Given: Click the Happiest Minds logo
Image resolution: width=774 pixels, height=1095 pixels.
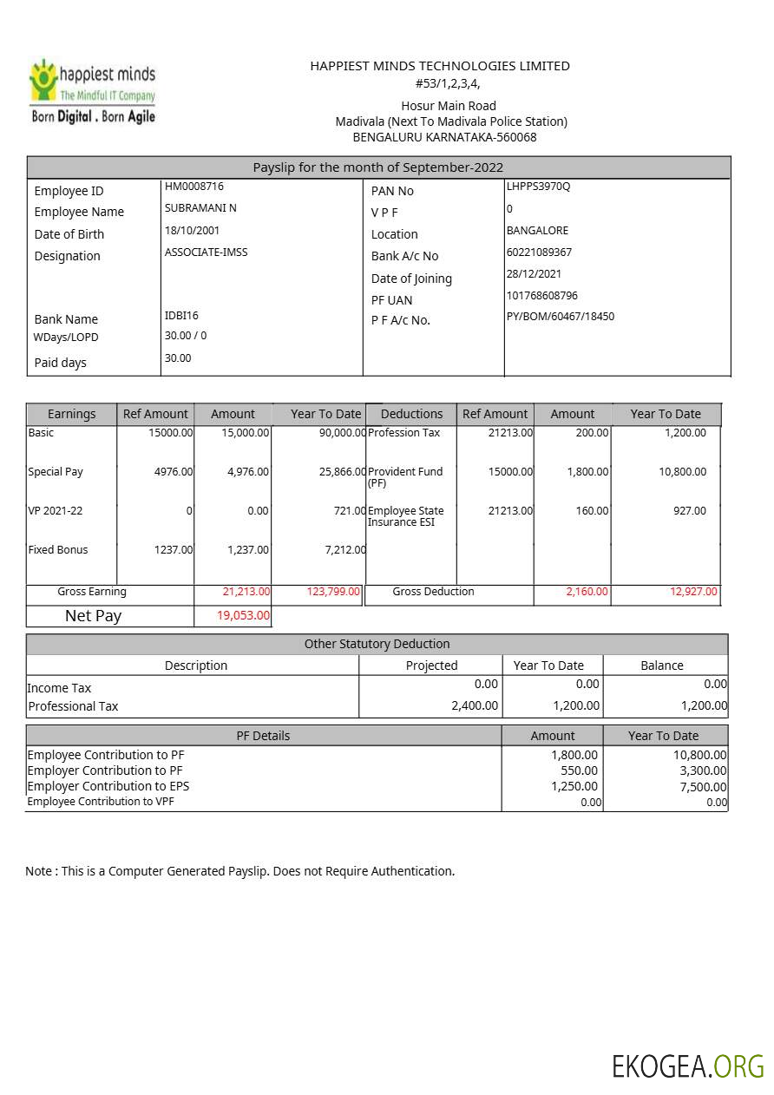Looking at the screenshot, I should tap(93, 92).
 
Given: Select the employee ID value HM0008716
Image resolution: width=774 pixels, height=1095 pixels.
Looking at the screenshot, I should tap(194, 187).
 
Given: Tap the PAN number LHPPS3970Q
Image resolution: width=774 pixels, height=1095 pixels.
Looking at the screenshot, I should tap(538, 187).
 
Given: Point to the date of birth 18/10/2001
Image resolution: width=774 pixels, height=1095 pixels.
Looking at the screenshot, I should tap(192, 231).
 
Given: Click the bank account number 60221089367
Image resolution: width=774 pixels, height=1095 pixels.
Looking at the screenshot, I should tap(539, 252).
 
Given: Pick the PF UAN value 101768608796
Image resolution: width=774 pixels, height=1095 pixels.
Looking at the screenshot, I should tap(541, 296).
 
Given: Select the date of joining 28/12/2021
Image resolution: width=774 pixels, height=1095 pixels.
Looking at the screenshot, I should tap(534, 274).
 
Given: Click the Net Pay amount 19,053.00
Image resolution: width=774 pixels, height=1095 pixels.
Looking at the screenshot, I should tap(243, 616).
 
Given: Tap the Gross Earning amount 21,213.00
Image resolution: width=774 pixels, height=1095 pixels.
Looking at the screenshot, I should tap(246, 592).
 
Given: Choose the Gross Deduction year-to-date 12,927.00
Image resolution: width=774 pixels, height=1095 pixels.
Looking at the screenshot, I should tap(693, 592).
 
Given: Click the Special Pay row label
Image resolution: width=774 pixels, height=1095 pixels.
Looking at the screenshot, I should tap(56, 472).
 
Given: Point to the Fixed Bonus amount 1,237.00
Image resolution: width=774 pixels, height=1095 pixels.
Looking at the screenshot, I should tap(248, 550).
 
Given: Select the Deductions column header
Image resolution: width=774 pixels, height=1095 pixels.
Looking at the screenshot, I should tap(411, 415).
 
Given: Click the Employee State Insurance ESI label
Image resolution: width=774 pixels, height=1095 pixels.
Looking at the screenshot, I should tap(405, 516).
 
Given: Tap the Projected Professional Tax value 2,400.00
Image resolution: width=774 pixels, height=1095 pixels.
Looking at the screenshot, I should tap(475, 706).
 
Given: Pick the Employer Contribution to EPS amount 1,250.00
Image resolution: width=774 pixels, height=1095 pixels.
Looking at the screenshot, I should tap(574, 786).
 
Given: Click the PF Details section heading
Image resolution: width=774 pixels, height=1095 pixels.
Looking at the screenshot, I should tap(263, 736).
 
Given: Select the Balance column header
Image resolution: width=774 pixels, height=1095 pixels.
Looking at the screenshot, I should tap(662, 666).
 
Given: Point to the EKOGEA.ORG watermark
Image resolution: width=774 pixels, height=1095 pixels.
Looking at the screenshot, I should tap(687, 1066).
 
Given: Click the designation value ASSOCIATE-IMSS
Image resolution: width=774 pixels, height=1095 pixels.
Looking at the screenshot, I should tap(206, 252).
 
